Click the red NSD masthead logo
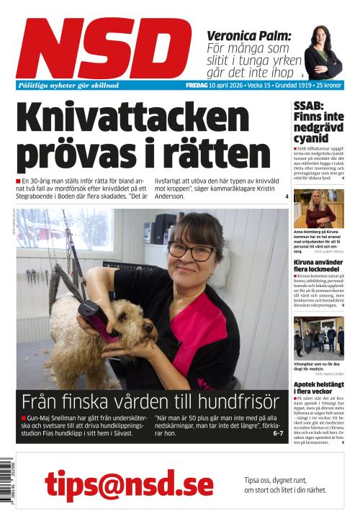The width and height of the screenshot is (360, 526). pyautogui.click(x=104, y=47)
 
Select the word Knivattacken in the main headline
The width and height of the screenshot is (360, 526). pyautogui.click(x=132, y=117)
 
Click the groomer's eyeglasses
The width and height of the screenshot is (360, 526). pyautogui.click(x=191, y=252)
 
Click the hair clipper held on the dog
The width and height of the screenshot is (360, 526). pyautogui.click(x=96, y=319)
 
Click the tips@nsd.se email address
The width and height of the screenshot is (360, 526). pyautogui.click(x=120, y=484)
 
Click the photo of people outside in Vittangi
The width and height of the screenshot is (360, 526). pyautogui.click(x=318, y=337)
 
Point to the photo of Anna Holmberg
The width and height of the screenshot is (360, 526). pyautogui.click(x=318, y=209)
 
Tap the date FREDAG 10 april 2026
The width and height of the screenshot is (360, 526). pyautogui.click(x=217, y=85)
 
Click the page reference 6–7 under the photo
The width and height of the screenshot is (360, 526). pyautogui.click(x=278, y=434)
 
